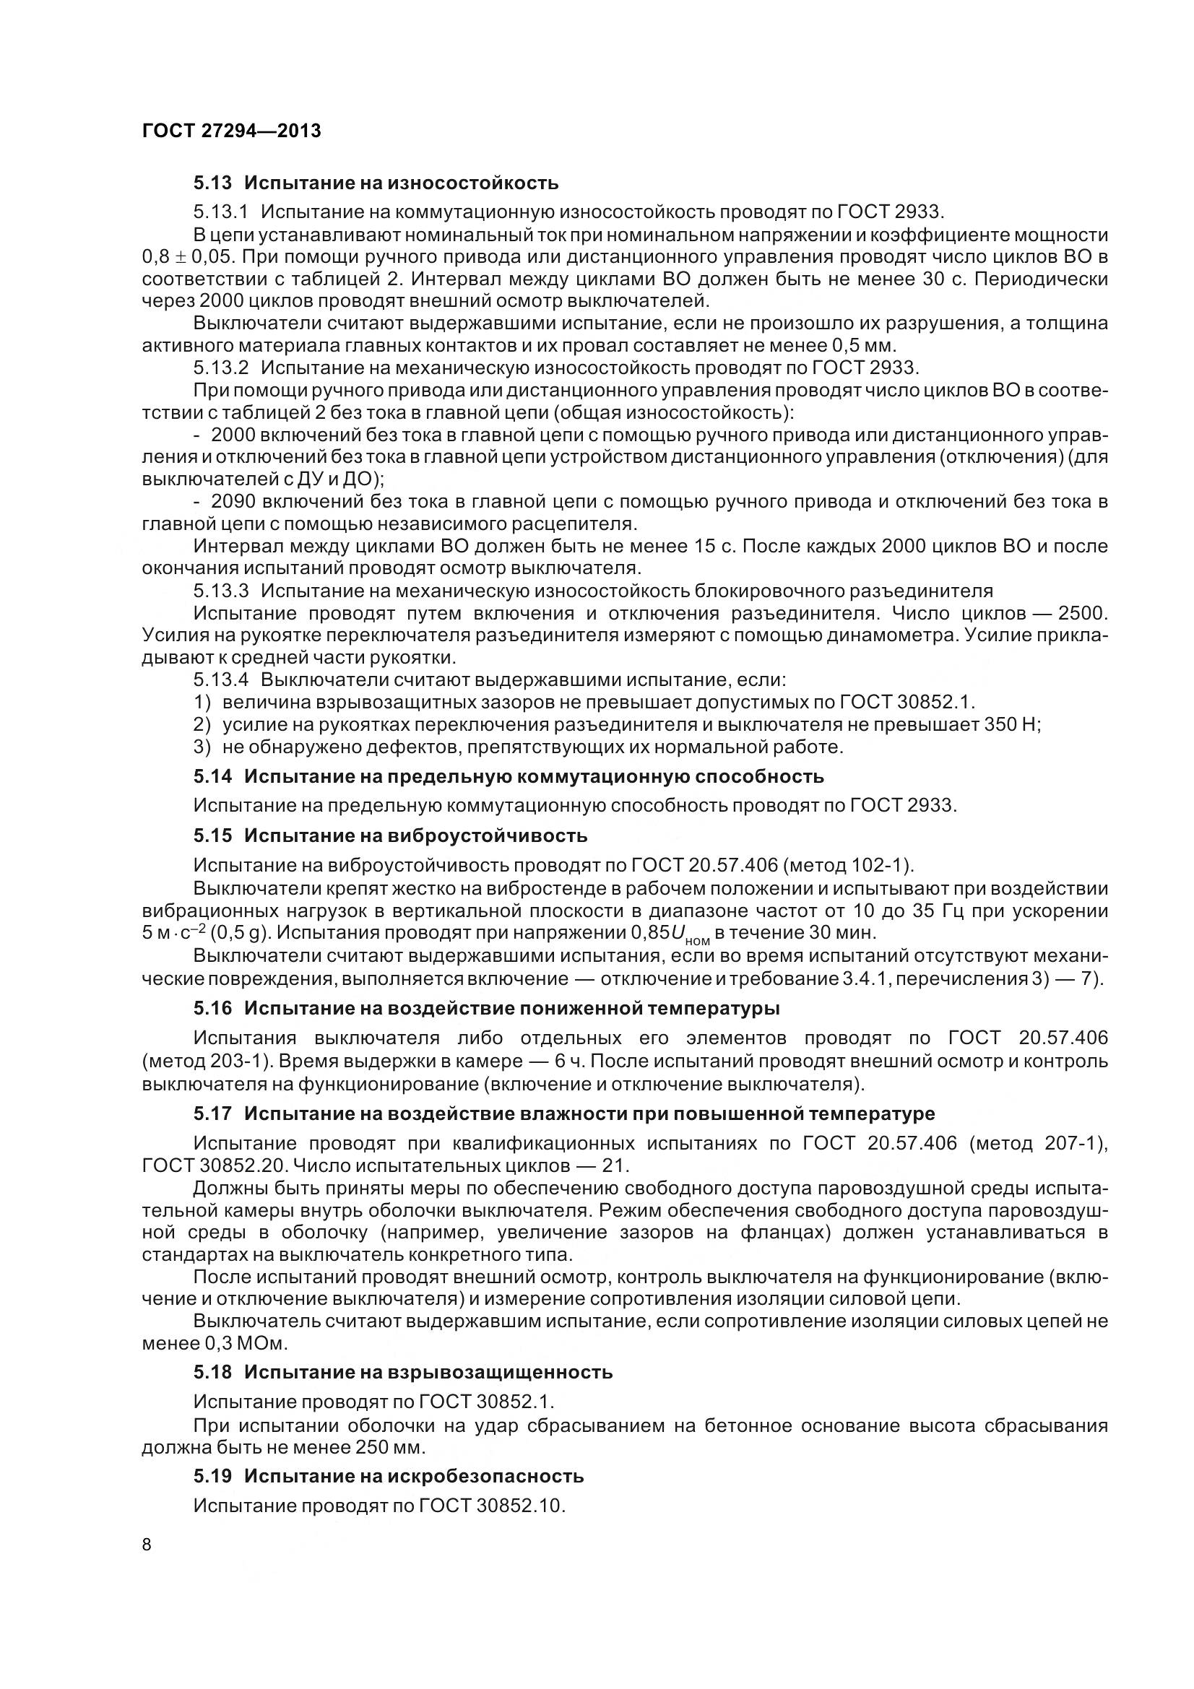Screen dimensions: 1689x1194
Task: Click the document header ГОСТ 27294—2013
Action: [232, 131]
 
